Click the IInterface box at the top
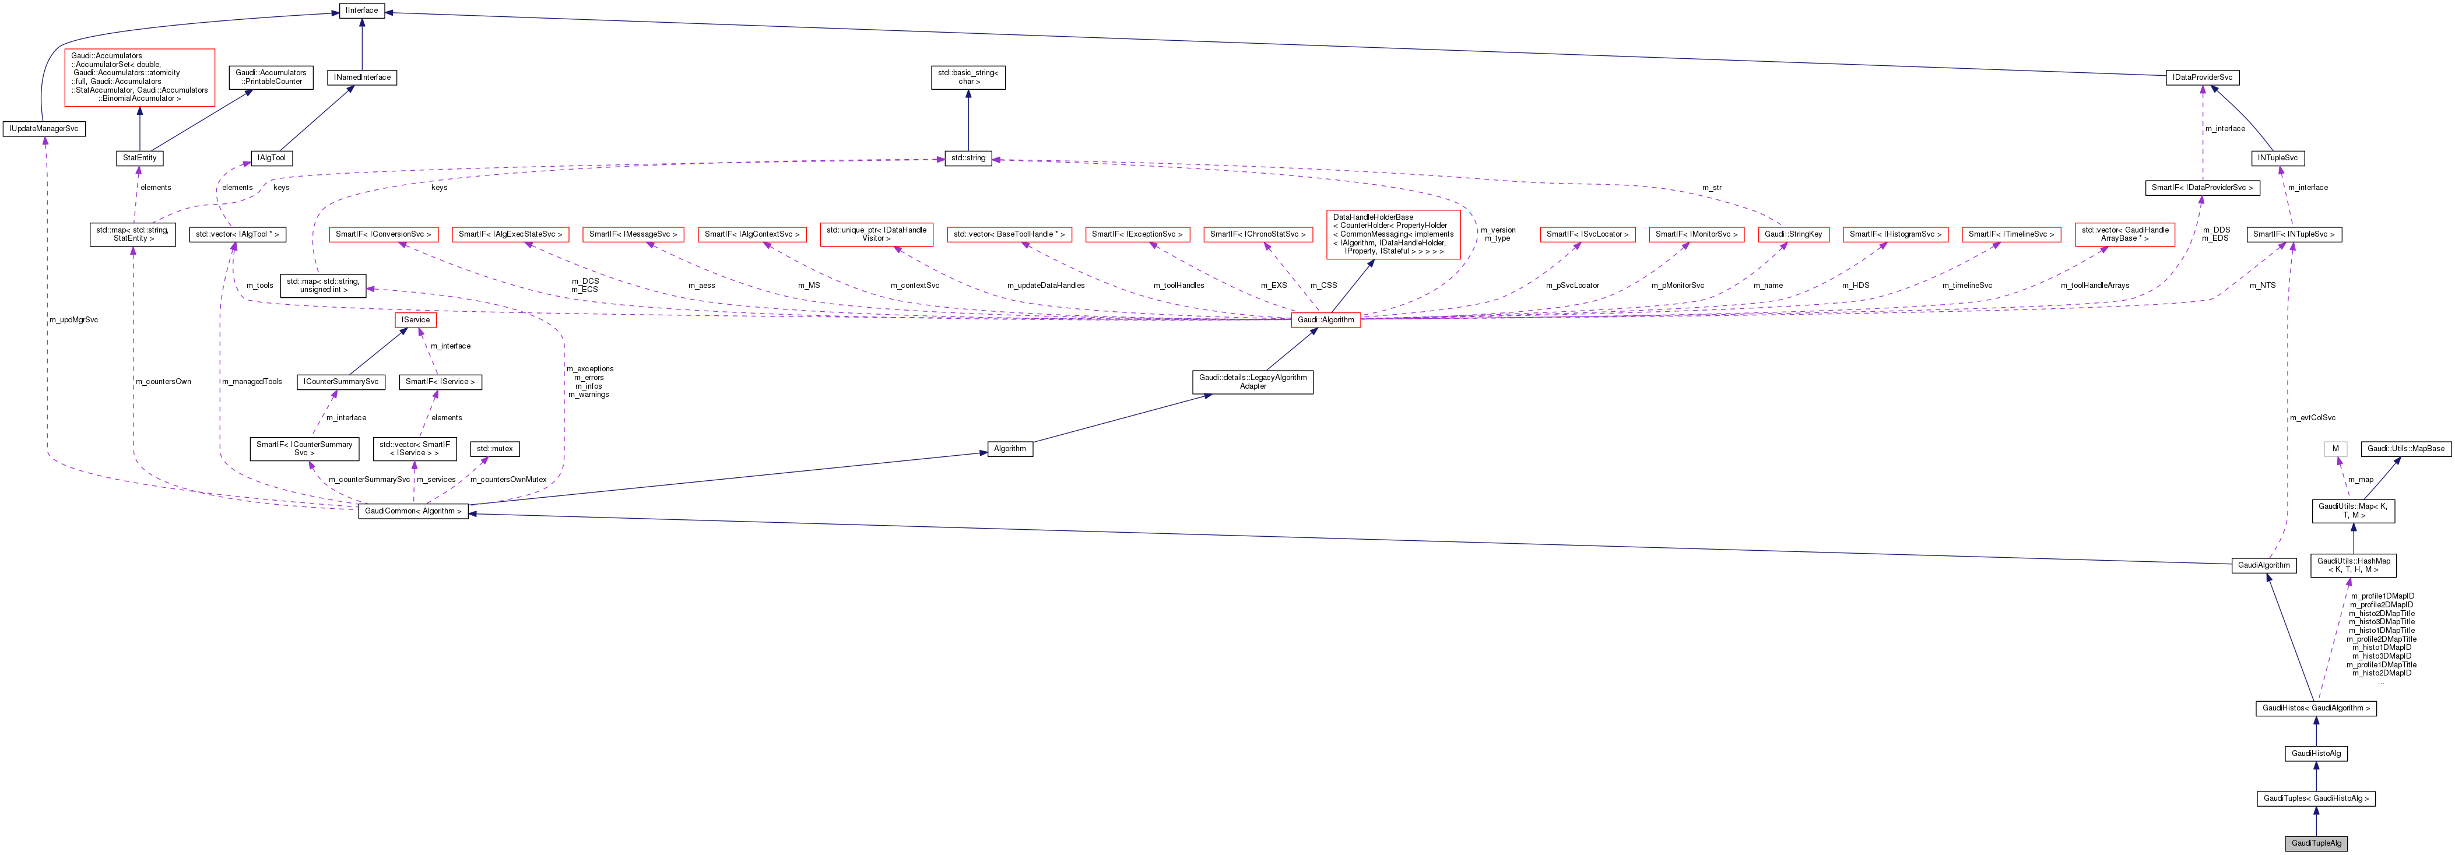[361, 10]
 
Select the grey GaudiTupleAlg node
[2315, 843]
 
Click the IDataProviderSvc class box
[2201, 77]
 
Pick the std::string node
[968, 158]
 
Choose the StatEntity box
[139, 158]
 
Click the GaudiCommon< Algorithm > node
[413, 511]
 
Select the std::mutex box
[494, 449]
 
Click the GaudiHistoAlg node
[2315, 753]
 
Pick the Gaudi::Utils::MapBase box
[2405, 449]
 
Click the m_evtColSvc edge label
[2312, 417]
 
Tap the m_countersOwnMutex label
[508, 480]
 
